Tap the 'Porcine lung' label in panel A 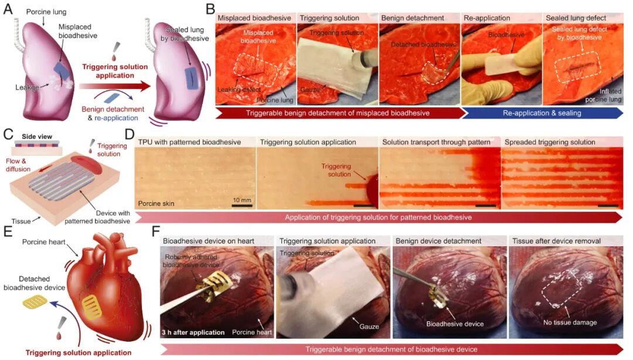coord(47,12)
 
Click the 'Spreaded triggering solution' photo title coord(550,142)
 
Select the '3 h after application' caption coord(193,332)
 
